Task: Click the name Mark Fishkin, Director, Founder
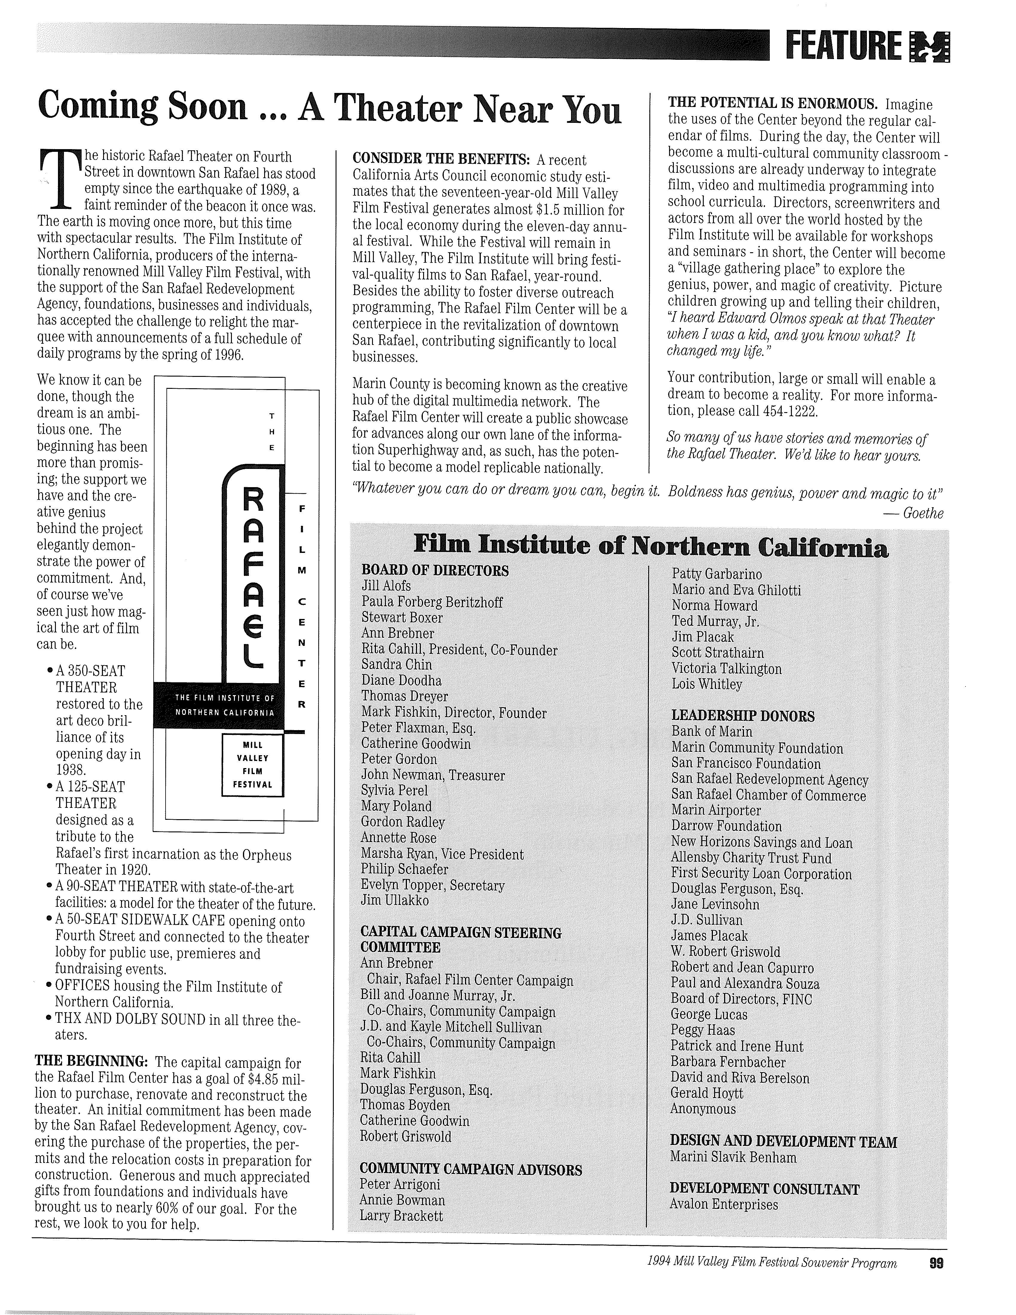[x=454, y=713]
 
